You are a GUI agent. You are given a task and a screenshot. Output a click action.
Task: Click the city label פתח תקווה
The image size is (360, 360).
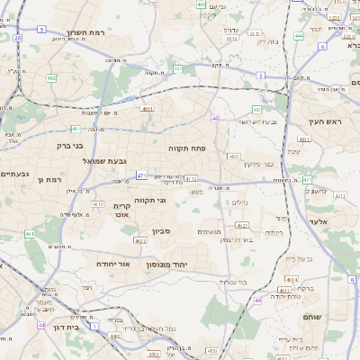188,145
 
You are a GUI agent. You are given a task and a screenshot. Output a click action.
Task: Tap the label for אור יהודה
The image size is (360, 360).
113,264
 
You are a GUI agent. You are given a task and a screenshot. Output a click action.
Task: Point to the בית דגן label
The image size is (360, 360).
63,328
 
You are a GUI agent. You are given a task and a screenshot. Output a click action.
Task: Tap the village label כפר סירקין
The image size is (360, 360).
256,164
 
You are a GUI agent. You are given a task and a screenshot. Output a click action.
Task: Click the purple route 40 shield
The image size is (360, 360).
215,118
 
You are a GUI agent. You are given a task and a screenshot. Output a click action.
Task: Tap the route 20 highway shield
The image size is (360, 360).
17,38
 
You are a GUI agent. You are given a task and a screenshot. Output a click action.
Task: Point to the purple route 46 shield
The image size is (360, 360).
257,300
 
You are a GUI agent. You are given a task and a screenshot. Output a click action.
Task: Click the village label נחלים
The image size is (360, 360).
240,202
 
